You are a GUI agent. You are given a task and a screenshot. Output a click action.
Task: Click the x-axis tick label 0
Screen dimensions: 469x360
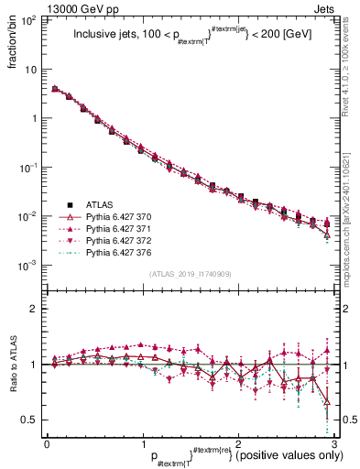(47, 443)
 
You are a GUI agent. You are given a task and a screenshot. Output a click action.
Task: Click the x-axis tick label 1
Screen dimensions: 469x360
(142, 443)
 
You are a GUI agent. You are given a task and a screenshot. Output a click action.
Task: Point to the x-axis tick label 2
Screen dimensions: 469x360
(237, 443)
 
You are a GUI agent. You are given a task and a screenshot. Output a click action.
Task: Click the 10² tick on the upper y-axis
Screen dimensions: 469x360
(27, 20)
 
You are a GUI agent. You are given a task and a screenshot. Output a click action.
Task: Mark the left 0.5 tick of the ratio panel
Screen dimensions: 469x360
(31, 420)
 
